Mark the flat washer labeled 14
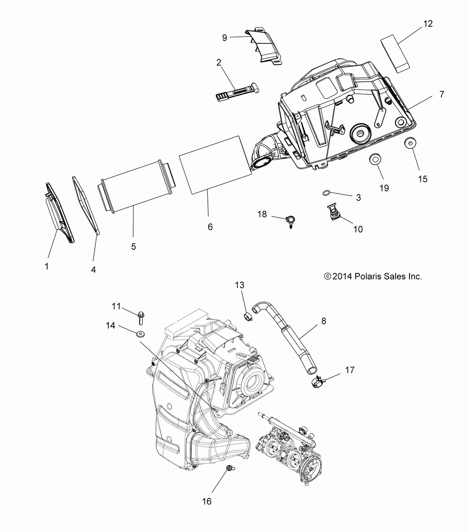pos(140,334)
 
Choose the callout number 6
pos(210,227)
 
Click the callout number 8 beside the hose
pos(324,322)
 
